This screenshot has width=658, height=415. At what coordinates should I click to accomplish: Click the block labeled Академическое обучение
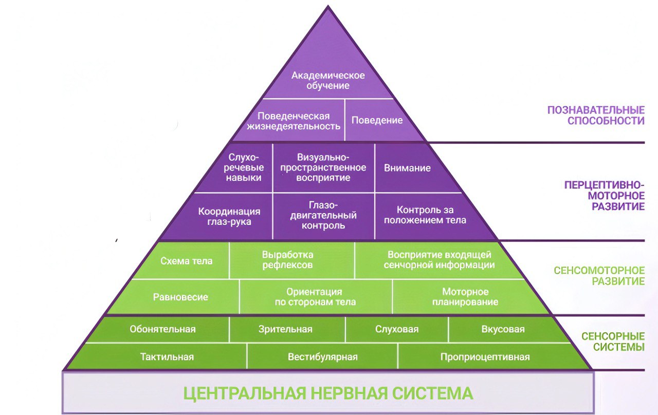pyautogui.click(x=328, y=81)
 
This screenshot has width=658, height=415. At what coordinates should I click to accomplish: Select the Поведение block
pyautogui.click(x=377, y=120)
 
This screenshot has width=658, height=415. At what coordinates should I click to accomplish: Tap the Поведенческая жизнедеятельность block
pyautogui.click(x=294, y=121)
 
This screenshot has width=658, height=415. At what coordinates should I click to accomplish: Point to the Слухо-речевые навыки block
pyautogui.click(x=245, y=167)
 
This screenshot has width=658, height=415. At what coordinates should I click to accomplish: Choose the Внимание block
pyautogui.click(x=407, y=168)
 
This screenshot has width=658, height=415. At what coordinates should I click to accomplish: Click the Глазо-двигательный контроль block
pyautogui.click(x=323, y=215)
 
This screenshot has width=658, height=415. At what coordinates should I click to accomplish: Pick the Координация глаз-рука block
pyautogui.click(x=229, y=216)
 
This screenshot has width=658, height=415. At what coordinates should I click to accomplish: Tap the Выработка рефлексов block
pyautogui.click(x=287, y=260)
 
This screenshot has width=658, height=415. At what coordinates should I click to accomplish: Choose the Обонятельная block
pyautogui.click(x=162, y=329)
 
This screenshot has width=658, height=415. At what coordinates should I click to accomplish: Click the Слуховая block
pyautogui.click(x=397, y=329)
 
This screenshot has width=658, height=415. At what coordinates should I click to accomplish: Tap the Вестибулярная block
pyautogui.click(x=322, y=357)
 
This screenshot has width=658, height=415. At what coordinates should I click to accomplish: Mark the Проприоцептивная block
pyautogui.click(x=485, y=357)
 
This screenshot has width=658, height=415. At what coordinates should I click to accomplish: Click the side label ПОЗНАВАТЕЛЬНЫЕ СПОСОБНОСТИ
pyautogui.click(x=595, y=116)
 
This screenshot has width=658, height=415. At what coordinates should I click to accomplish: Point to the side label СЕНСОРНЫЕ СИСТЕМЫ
pyautogui.click(x=613, y=342)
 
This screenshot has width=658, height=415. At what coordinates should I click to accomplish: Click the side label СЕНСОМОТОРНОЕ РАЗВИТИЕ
pyautogui.click(x=599, y=276)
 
